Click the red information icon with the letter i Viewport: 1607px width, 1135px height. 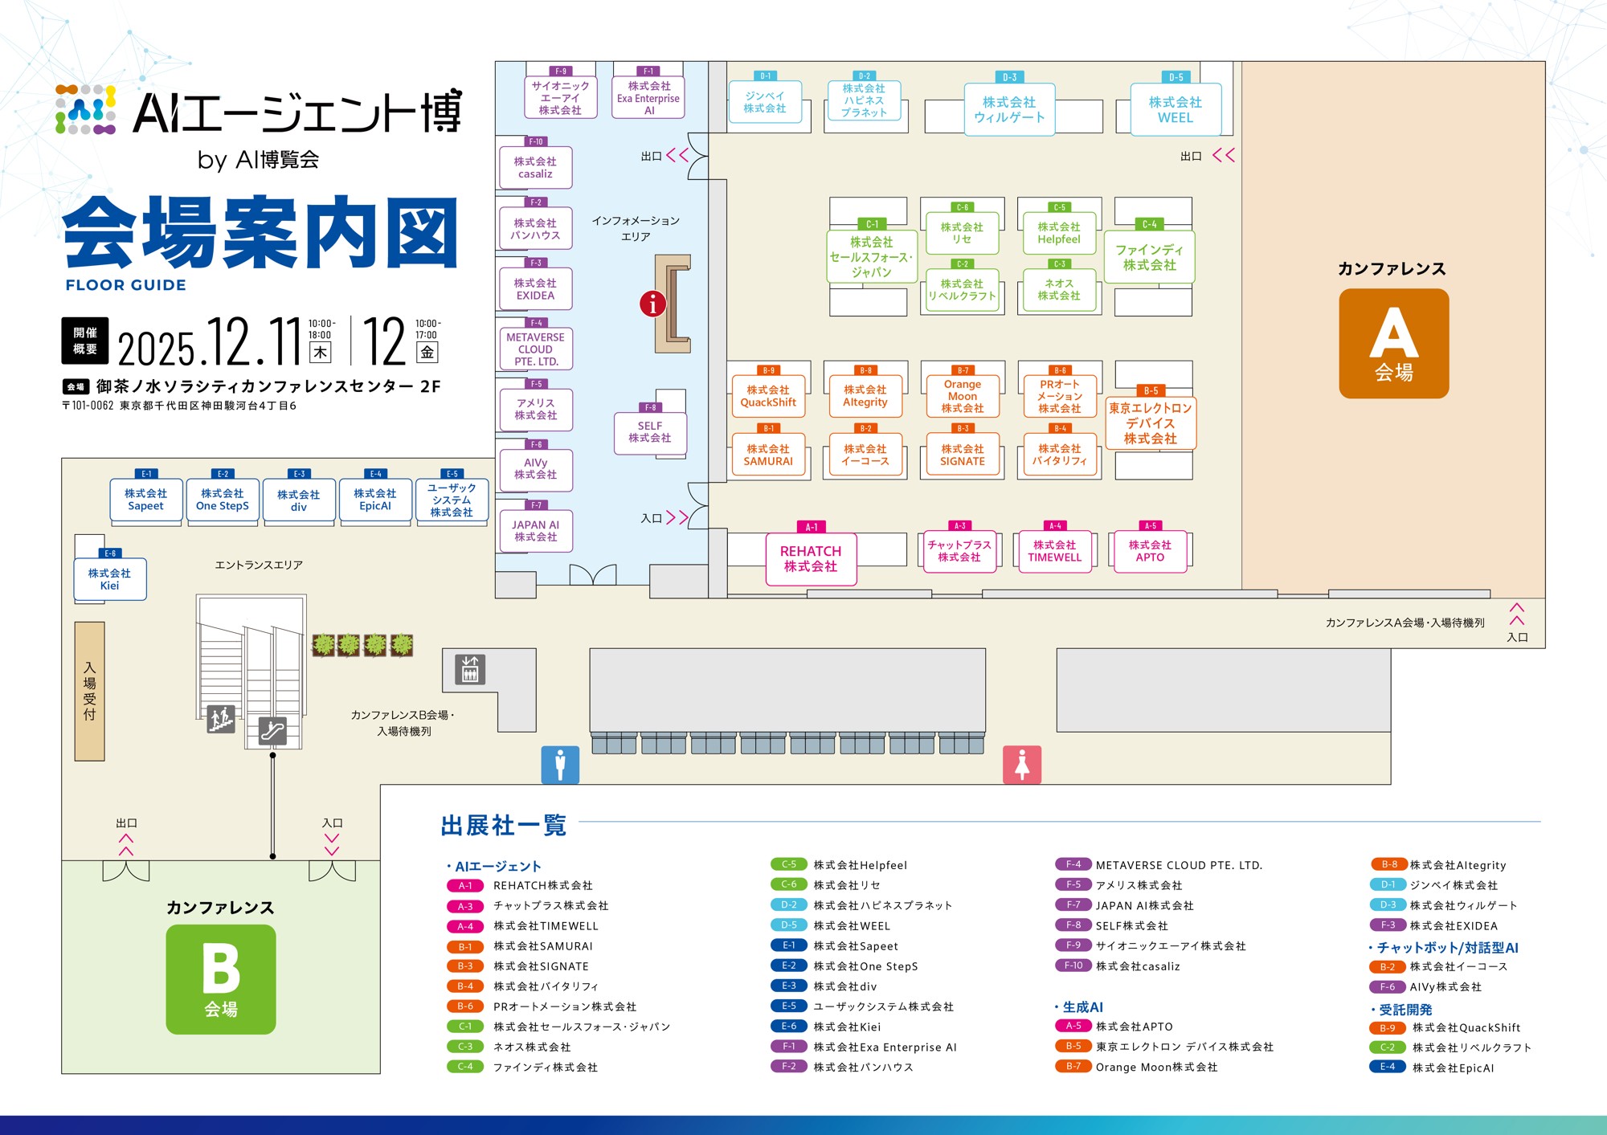pos(652,304)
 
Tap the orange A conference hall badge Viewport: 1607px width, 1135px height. pos(1393,343)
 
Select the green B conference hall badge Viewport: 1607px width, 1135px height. pos(221,978)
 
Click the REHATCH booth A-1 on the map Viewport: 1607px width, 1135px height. pos(811,559)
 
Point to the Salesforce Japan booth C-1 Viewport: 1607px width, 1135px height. pos(872,256)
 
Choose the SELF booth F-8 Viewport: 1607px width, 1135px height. pos(650,432)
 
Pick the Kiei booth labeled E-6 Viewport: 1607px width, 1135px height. pos(110,579)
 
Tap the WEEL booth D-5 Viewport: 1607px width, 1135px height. pos(1176,110)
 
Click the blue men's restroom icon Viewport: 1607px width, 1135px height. pos(560,764)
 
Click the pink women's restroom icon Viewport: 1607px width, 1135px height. pos(1022,764)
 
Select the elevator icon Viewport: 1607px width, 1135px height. pos(470,669)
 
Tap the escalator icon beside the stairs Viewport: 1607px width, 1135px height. pos(272,730)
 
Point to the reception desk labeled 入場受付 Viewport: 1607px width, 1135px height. pos(89,691)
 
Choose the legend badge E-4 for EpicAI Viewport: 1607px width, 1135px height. pos(1388,1067)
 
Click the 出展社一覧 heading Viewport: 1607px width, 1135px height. pos(504,825)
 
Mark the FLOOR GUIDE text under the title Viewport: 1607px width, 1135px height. pos(126,285)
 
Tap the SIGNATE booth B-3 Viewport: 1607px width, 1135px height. pos(963,455)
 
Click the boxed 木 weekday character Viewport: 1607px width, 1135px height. pos(321,352)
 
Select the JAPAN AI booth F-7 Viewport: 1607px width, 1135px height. pos(536,531)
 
